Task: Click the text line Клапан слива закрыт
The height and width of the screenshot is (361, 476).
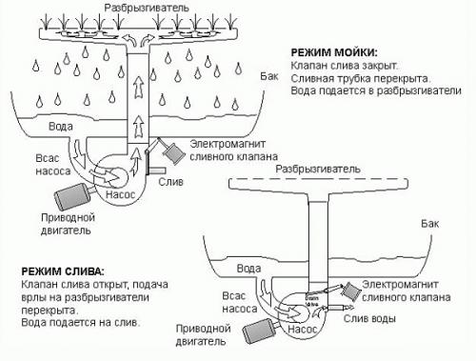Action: coord(341,65)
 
